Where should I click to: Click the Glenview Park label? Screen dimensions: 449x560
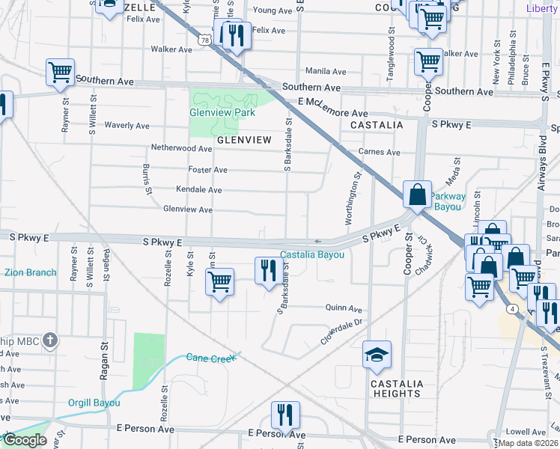(222, 112)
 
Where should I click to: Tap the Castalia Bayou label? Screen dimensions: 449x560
(312, 254)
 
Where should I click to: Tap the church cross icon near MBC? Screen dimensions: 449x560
(49, 340)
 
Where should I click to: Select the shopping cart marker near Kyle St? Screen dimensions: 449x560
(220, 283)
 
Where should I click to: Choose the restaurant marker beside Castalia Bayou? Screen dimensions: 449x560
(268, 270)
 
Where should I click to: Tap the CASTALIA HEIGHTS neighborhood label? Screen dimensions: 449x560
(396, 388)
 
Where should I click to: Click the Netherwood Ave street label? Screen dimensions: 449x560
(182, 148)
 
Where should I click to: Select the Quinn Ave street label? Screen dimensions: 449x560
(344, 308)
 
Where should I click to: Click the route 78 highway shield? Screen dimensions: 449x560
(204, 43)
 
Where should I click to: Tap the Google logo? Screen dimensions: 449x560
(25, 440)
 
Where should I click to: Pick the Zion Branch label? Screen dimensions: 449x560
(30, 272)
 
